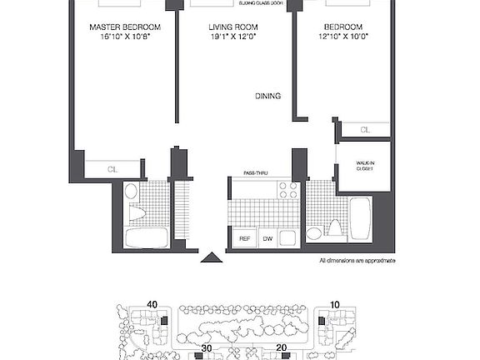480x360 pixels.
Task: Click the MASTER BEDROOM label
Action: (125, 27)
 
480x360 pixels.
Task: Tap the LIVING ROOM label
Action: (234, 27)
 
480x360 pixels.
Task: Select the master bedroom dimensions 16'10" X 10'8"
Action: (125, 37)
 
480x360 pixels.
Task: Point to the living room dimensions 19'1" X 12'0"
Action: (234, 37)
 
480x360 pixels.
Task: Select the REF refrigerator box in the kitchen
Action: (244, 238)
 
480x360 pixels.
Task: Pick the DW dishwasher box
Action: (267, 238)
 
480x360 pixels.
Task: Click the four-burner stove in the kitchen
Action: (287, 190)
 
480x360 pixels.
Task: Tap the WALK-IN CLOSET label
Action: (365, 165)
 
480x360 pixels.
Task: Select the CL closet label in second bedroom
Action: (365, 130)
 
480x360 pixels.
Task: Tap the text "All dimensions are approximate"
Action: (357, 261)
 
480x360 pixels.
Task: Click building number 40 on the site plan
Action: (152, 305)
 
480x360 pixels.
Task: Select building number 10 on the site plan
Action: (334, 305)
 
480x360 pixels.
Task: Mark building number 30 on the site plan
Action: (207, 347)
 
